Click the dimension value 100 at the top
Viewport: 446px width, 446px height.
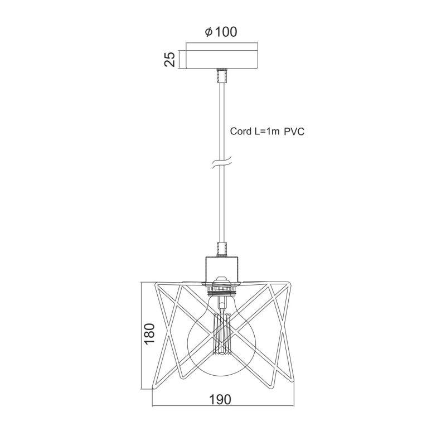click(226, 32)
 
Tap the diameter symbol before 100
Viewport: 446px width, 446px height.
click(209, 32)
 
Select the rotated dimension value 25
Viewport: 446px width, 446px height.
click(170, 59)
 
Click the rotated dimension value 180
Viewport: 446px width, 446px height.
click(149, 334)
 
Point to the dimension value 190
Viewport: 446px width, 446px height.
click(220, 399)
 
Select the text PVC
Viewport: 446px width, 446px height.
click(294, 132)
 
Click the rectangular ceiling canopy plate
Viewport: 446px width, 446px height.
click(222, 60)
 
